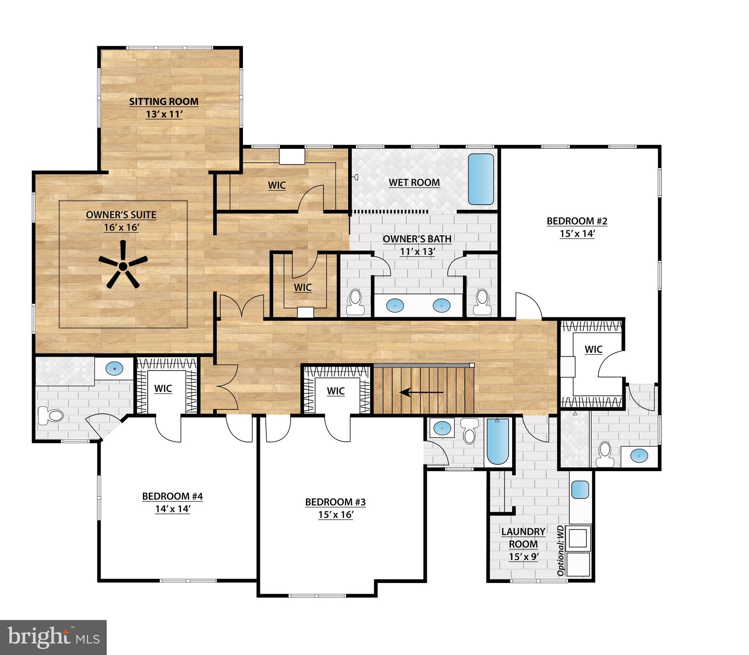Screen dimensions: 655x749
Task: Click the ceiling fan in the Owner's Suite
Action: [x=123, y=266]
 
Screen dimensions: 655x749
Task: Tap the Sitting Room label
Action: [x=164, y=101]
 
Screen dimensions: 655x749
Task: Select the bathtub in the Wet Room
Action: [x=481, y=179]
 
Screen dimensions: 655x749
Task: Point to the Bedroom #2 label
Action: [x=577, y=221]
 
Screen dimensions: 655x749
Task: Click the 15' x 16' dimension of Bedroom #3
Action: [x=335, y=515]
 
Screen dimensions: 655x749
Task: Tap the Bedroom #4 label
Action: [x=172, y=496]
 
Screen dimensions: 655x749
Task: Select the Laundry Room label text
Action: [x=523, y=538]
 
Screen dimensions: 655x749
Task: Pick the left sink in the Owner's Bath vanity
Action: [x=395, y=305]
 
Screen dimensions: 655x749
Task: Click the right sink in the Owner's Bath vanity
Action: [x=441, y=305]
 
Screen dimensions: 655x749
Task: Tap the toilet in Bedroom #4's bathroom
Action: [x=50, y=415]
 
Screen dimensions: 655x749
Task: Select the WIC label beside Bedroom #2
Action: [x=593, y=349]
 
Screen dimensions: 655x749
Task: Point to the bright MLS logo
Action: [x=53, y=638]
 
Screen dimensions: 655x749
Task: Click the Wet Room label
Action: [x=414, y=183]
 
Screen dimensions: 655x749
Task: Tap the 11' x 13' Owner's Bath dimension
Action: [x=417, y=252]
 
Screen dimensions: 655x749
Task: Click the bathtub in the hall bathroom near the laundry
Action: [x=498, y=442]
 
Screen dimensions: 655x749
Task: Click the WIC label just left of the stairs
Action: [x=335, y=391]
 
